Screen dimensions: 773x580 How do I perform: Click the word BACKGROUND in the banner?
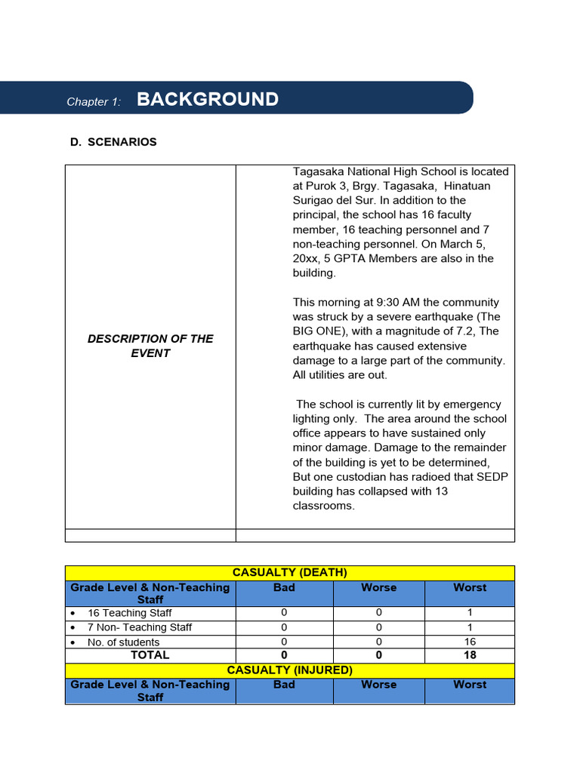click(208, 100)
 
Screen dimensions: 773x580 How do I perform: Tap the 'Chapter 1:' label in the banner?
click(94, 102)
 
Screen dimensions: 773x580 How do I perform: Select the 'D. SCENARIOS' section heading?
click(113, 142)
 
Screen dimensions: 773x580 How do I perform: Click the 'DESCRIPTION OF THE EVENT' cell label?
click(150, 346)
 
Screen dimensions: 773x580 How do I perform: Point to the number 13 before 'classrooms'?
click(441, 491)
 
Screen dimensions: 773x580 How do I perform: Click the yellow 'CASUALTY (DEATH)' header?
click(290, 573)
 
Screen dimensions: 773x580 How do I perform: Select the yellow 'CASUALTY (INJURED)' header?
click(290, 670)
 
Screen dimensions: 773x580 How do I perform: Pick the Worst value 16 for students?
click(470, 642)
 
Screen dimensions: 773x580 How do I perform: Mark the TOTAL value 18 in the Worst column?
click(470, 655)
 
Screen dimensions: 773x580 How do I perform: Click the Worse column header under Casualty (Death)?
click(378, 587)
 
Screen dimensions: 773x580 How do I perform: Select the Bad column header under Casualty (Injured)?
click(284, 685)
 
